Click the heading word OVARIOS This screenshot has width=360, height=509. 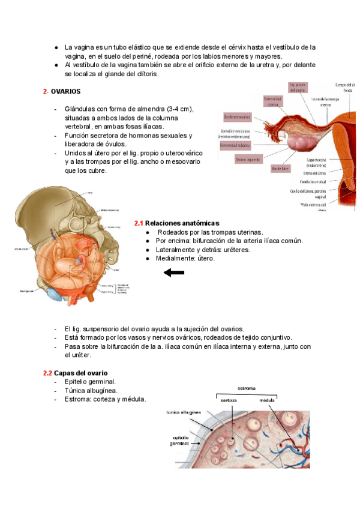(x=67, y=91)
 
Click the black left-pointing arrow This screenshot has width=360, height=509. (x=174, y=273)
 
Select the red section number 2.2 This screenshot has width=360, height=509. (x=47, y=373)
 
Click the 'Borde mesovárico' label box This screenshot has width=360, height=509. (x=238, y=116)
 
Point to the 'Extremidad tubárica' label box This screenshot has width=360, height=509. (x=236, y=145)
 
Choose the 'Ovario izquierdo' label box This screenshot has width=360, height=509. (x=248, y=160)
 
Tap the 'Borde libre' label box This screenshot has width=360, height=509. (x=278, y=169)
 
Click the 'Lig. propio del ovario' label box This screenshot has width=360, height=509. (x=298, y=87)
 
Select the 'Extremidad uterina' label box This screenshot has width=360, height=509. (x=273, y=101)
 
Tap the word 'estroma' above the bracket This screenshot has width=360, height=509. (x=247, y=388)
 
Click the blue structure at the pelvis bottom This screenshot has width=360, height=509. (x=55, y=294)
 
